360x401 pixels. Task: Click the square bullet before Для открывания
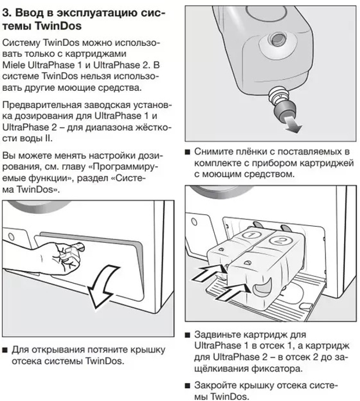(x=6, y=350)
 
